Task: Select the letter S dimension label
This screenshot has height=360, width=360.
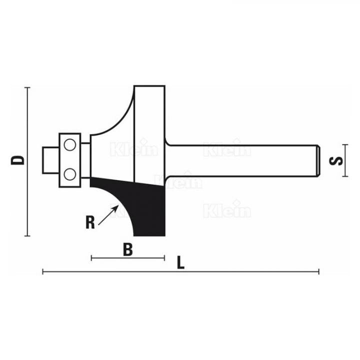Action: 336,160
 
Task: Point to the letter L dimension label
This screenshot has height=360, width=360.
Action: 181,263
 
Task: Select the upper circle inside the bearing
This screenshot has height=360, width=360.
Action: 70,145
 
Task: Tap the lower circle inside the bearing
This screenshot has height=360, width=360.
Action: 70,173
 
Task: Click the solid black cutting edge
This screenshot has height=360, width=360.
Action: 145,205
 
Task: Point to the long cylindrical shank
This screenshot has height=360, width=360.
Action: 240,160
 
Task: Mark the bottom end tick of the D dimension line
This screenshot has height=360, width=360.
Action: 28,235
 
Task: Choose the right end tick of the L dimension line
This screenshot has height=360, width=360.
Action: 318,272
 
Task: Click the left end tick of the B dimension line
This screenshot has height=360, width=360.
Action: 91,258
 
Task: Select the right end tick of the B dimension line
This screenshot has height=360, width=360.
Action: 164,258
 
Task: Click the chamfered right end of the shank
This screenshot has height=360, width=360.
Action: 317,160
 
